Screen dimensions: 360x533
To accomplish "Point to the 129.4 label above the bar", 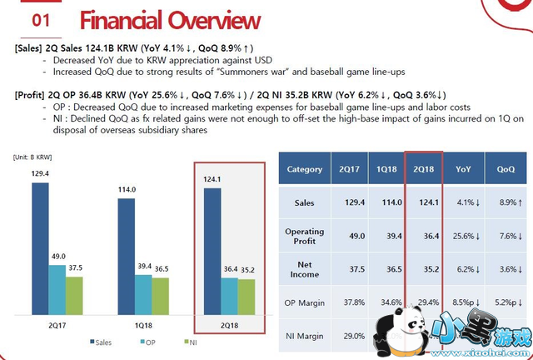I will (40, 172).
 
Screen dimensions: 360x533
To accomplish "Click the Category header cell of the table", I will (304, 169).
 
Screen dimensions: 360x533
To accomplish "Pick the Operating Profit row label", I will (304, 236).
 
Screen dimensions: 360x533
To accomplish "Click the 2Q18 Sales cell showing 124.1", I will (424, 202).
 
